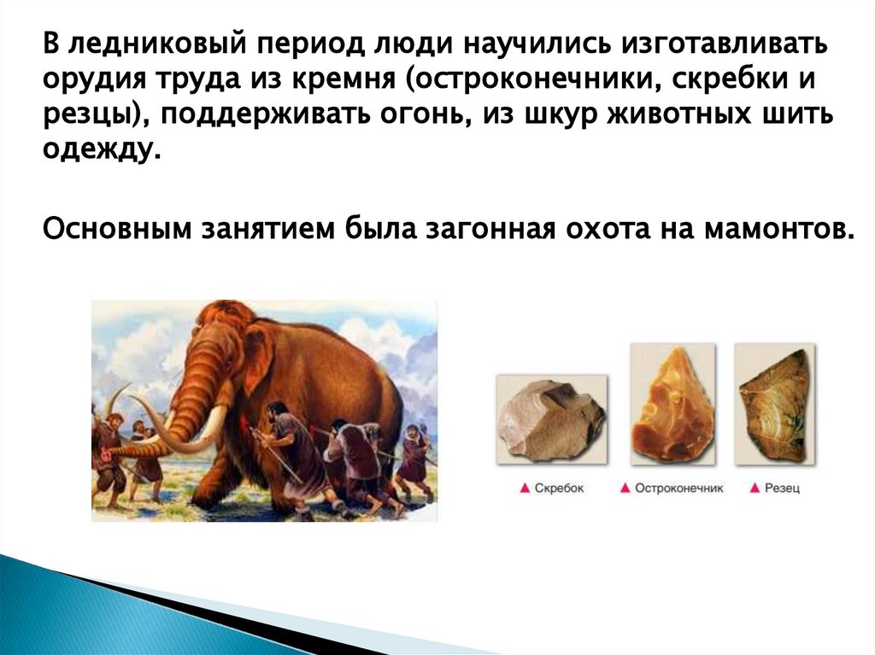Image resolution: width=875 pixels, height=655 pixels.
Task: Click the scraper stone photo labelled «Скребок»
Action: tap(551, 419)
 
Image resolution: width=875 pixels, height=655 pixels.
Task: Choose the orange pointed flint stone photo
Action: tap(672, 403)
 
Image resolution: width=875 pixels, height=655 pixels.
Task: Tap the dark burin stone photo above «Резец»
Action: tap(775, 403)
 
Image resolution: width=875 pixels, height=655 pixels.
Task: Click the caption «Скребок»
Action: tap(559, 488)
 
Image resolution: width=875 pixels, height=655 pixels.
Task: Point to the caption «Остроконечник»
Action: tap(678, 488)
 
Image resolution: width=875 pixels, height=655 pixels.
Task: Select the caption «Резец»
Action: tap(782, 488)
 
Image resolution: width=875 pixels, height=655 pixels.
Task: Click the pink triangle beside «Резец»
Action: tap(755, 488)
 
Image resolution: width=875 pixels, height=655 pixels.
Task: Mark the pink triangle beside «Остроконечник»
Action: tap(625, 488)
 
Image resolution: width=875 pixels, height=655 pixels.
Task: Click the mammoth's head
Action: tap(218, 346)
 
